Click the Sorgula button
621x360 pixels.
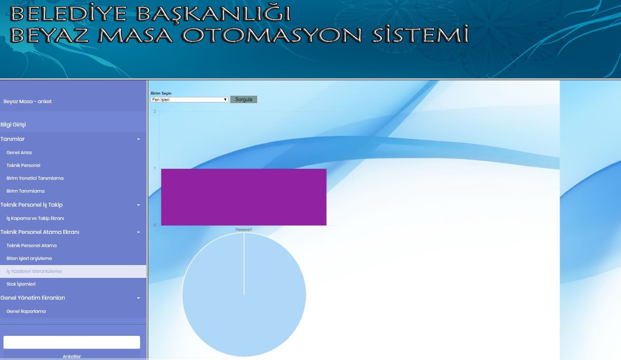click(244, 99)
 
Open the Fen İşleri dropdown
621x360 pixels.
click(189, 100)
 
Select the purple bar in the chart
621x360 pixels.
click(244, 197)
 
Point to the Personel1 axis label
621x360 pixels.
click(244, 230)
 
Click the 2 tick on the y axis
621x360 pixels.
click(155, 111)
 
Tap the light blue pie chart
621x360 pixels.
click(244, 295)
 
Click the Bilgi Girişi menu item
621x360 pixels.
click(13, 125)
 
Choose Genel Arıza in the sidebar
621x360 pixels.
click(19, 153)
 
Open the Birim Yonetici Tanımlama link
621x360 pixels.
click(35, 178)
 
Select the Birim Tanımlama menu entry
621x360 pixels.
click(26, 191)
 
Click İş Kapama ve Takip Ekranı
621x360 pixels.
click(35, 218)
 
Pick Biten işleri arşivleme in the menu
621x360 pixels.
click(29, 258)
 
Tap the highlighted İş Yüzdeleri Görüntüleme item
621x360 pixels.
click(34, 271)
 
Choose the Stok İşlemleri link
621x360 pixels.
click(21, 284)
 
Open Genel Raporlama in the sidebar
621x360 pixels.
click(26, 311)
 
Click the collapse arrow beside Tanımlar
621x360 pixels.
click(139, 139)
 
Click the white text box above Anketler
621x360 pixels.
click(72, 342)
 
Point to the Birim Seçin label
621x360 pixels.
click(161, 93)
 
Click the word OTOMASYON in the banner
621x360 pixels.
click(272, 35)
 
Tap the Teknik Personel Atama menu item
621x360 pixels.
click(32, 246)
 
